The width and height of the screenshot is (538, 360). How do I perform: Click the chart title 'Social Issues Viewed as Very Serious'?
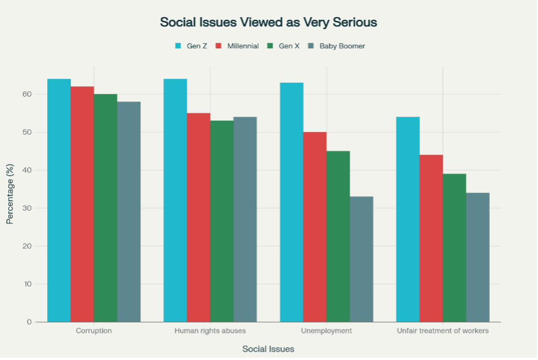(x=268, y=22)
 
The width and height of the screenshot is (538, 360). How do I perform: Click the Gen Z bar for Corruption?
(x=59, y=201)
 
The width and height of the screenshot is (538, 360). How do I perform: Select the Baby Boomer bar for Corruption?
(x=129, y=212)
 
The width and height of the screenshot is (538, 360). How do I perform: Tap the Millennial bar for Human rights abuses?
(x=199, y=218)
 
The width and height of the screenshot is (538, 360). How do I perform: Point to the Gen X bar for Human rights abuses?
(x=222, y=221)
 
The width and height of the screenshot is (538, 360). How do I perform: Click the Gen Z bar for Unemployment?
(x=292, y=203)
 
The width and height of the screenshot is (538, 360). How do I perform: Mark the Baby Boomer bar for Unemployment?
(x=361, y=259)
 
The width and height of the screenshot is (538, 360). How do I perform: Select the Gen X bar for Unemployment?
(x=338, y=236)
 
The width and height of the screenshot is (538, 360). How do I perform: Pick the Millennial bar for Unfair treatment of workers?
(x=431, y=238)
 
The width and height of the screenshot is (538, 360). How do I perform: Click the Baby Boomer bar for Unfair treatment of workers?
(x=478, y=257)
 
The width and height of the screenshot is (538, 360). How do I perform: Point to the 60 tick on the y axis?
(x=26, y=94)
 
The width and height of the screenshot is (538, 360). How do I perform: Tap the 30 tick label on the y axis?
(x=26, y=208)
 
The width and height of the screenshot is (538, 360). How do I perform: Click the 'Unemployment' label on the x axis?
(x=326, y=331)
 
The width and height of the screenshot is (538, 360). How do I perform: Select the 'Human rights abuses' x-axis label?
(x=210, y=331)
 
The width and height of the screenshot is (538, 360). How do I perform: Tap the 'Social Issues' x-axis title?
(x=268, y=349)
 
